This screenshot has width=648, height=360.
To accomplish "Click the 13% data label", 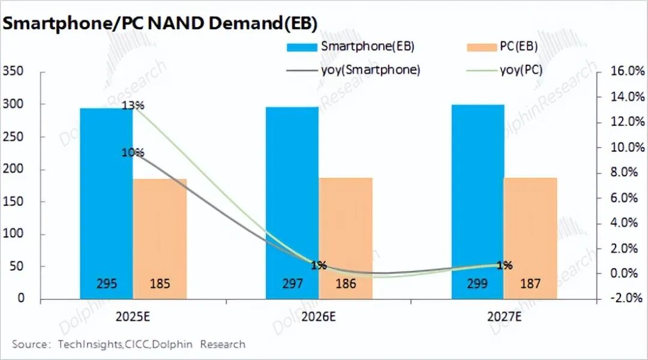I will [133, 106].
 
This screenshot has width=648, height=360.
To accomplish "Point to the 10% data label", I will [133, 152].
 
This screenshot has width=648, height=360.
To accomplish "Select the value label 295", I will [107, 284].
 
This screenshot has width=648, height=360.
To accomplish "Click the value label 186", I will [346, 284].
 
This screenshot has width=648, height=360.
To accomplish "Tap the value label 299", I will [478, 284].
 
